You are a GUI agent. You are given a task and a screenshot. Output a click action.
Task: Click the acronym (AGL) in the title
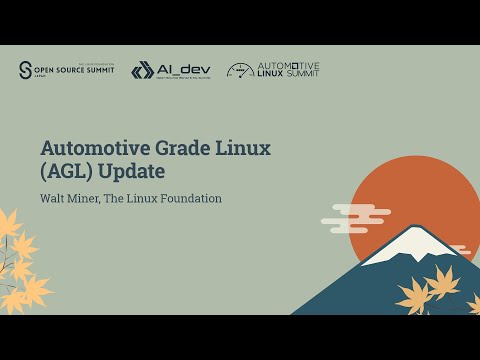[x=66, y=172]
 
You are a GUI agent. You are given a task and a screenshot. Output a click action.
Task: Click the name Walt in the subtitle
[x=53, y=198]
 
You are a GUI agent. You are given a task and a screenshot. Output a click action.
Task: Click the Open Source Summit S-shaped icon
[x=26, y=70]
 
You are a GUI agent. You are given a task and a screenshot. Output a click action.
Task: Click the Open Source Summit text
[x=75, y=70]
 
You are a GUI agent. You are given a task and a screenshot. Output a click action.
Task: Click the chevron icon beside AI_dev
[x=142, y=70]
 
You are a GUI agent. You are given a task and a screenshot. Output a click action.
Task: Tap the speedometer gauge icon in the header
[x=240, y=70]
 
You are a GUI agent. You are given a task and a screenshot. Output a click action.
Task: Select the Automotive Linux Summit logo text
[x=289, y=70]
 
